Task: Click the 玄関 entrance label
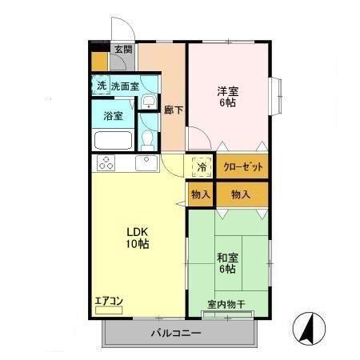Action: (122, 50)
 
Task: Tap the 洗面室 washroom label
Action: (125, 86)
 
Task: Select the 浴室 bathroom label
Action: (113, 115)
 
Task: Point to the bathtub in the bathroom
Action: (113, 140)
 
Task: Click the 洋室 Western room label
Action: (226, 96)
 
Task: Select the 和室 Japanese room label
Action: (226, 263)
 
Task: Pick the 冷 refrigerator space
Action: (202, 168)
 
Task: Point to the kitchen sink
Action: (146, 163)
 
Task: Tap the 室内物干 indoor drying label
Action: (226, 303)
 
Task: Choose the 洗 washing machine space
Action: (101, 86)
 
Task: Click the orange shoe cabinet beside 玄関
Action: (99, 60)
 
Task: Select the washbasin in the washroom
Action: (150, 102)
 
